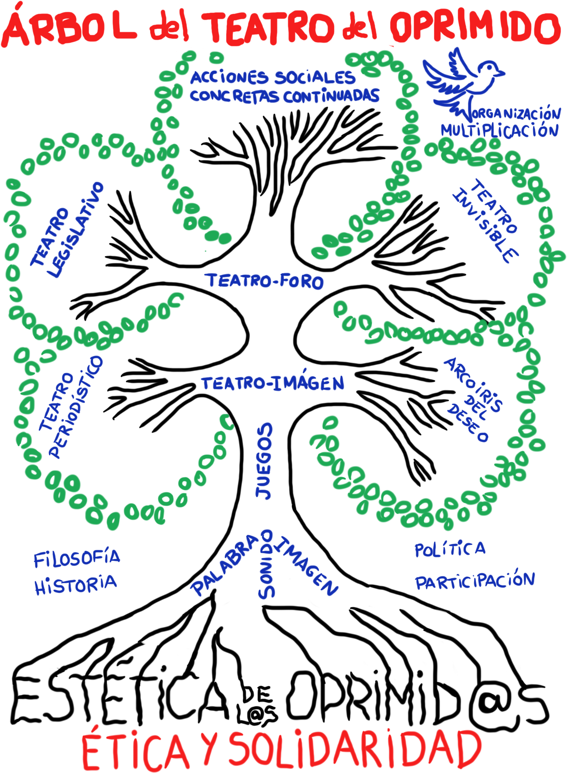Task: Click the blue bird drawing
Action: [461, 81]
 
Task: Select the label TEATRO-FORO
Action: [265, 281]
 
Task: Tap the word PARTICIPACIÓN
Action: [475, 581]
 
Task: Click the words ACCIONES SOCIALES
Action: [273, 78]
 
